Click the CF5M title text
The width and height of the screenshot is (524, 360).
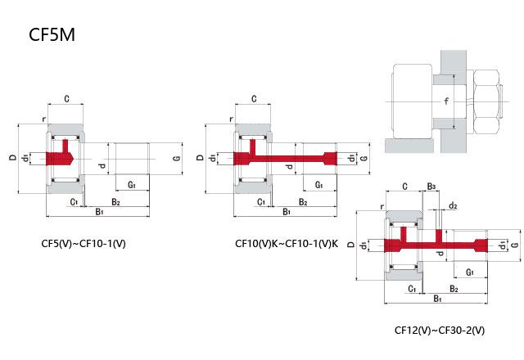(52, 34)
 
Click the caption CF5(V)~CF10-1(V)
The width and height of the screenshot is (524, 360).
(84, 244)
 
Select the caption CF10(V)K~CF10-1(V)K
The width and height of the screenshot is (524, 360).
(287, 244)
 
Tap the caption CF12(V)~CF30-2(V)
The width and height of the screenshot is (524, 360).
(440, 331)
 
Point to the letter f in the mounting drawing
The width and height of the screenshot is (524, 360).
(446, 101)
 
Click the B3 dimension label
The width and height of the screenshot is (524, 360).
(431, 187)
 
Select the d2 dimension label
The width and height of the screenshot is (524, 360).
(453, 205)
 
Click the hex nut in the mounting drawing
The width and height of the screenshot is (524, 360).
(486, 101)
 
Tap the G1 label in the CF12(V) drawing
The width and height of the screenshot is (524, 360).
(470, 272)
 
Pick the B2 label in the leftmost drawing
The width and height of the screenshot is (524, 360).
(115, 202)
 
